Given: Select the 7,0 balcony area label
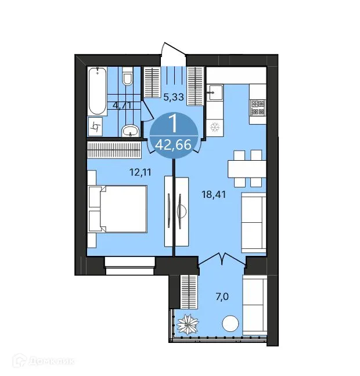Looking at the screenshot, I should [221, 297].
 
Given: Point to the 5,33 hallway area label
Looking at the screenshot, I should [174, 98].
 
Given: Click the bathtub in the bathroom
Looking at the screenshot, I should [97, 91].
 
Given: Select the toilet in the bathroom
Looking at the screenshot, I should [129, 77].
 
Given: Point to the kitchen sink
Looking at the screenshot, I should [214, 92].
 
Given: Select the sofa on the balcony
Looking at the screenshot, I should [254, 305].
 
